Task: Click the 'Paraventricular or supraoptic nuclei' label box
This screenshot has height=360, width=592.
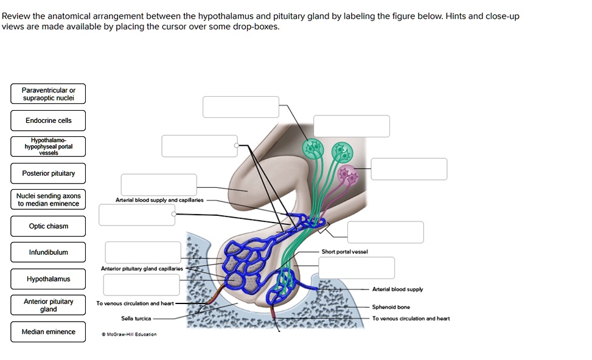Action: [49, 94]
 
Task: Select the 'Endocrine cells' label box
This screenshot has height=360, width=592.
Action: [49, 120]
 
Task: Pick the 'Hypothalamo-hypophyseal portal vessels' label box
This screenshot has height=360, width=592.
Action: [49, 147]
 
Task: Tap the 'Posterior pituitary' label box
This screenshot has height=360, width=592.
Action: [49, 173]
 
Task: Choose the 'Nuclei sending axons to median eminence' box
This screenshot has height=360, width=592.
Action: [49, 199]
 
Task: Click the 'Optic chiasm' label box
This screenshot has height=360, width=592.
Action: [49, 226]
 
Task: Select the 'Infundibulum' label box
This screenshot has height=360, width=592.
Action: [49, 252]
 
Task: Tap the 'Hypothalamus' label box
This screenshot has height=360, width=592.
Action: [49, 279]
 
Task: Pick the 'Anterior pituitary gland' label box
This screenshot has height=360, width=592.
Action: [49, 305]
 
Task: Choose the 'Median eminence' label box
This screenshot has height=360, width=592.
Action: [49, 331]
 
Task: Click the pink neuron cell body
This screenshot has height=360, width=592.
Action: [349, 175]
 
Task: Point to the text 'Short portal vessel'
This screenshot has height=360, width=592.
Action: [344, 251]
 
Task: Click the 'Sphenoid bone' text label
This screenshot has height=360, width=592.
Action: [391, 307]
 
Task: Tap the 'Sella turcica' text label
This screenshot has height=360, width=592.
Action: [136, 318]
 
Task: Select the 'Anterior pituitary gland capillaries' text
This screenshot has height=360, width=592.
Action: [142, 268]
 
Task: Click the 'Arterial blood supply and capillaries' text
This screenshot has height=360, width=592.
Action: [161, 199]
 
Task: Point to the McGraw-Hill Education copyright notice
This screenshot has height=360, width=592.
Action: [129, 334]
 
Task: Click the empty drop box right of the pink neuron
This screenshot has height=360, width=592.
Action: [409, 169]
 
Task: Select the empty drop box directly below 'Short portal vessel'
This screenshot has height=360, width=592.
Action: [357, 268]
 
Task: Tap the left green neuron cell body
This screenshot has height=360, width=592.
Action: [313, 148]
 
